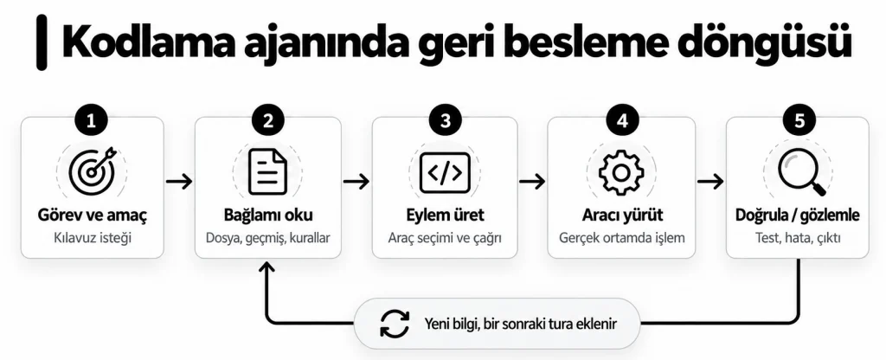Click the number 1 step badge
click(x=92, y=121)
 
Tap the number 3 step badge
click(x=445, y=121)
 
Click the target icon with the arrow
click(x=92, y=170)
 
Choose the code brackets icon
click(x=445, y=172)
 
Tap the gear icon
click(x=621, y=172)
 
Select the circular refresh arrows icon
click(x=395, y=324)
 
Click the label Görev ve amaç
click(x=92, y=215)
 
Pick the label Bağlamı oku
click(x=268, y=215)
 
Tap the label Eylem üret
click(x=445, y=215)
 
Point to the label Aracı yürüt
click(x=622, y=215)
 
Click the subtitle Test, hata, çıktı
click(x=798, y=238)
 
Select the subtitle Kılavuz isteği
click(x=92, y=238)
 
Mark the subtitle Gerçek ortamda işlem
click(x=622, y=238)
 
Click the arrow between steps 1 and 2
click(x=180, y=182)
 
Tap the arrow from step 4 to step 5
click(x=710, y=182)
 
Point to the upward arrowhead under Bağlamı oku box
click(x=266, y=266)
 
